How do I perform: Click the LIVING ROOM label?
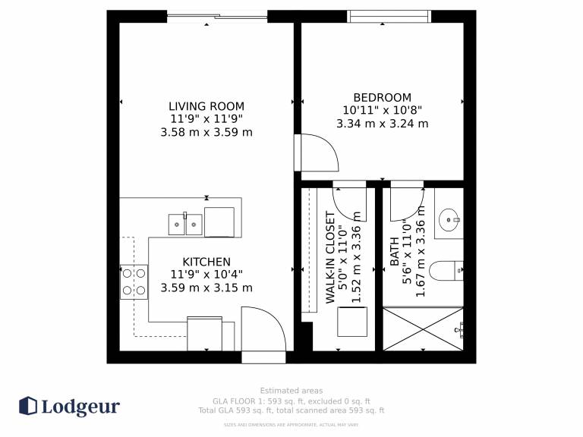[x=206, y=106]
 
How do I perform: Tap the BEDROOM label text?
[x=383, y=97]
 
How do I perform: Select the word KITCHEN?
[x=206, y=262]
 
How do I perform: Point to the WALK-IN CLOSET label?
[x=330, y=257]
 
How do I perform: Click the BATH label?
[x=394, y=252]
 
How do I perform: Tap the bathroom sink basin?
[x=449, y=219]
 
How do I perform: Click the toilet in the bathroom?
[x=446, y=271]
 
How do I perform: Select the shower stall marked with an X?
[x=423, y=329]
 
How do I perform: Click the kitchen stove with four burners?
[x=134, y=281]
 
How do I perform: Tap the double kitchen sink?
[x=185, y=225]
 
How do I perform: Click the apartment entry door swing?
[x=263, y=329]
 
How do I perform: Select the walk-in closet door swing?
[x=349, y=203]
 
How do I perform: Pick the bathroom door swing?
[x=407, y=203]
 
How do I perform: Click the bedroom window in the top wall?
[x=389, y=17]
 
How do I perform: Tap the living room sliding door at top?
[x=217, y=17]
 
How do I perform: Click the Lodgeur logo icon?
[x=28, y=406]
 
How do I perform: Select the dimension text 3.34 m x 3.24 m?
[x=383, y=124]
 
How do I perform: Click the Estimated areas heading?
[x=291, y=391]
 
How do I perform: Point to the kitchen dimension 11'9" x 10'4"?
[x=206, y=275]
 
